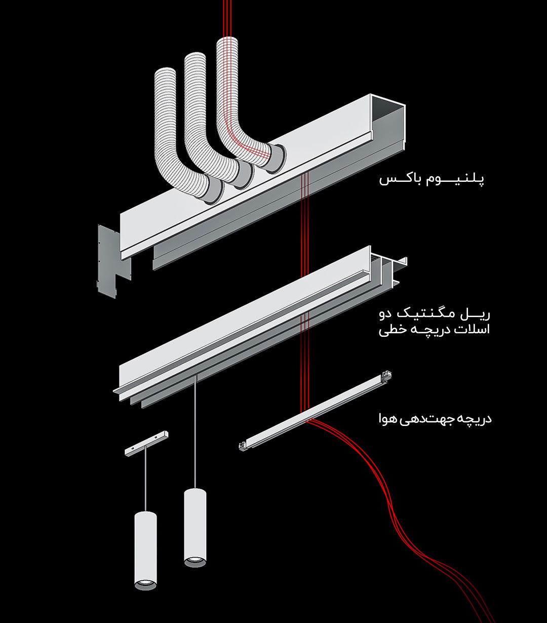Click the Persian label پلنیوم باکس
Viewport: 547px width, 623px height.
pyautogui.click(x=432, y=179)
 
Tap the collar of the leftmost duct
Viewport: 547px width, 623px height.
pyautogui.click(x=214, y=192)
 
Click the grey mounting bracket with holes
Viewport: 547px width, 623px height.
pyautogui.click(x=108, y=258)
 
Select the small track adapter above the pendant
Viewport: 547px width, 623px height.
pyautogui.click(x=146, y=442)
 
